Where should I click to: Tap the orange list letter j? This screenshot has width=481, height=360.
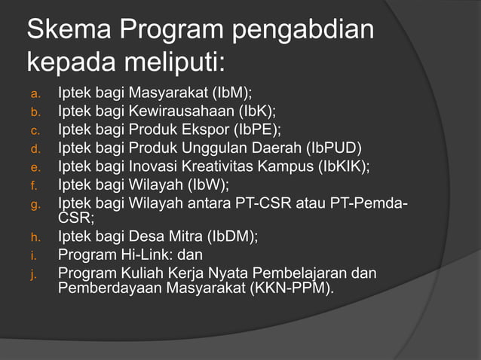click(x=33, y=274)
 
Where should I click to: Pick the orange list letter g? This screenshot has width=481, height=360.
click(x=34, y=203)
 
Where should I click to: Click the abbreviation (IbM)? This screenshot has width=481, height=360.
click(x=232, y=94)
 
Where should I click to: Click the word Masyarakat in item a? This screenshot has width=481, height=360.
click(x=169, y=94)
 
